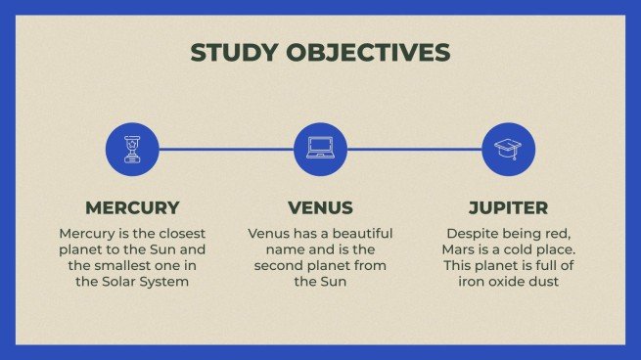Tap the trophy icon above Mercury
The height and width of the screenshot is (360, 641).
click(x=131, y=150)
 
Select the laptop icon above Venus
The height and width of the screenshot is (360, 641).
click(x=320, y=150)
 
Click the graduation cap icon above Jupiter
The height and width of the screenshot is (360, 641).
click(x=508, y=150)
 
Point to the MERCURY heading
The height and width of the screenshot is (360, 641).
click(x=132, y=207)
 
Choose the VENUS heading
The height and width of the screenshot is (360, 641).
click(x=320, y=207)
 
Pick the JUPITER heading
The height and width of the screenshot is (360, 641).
click(x=508, y=207)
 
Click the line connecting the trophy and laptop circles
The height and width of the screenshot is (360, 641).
click(x=225, y=150)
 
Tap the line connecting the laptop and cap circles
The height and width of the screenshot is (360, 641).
click(x=414, y=150)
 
